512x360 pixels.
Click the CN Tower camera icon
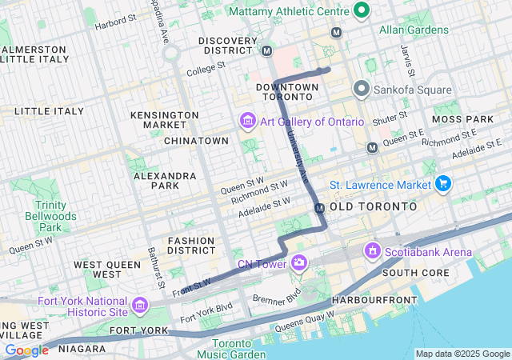299,262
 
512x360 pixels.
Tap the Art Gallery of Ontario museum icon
247,122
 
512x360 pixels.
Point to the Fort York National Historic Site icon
140,305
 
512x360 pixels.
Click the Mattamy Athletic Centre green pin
362,11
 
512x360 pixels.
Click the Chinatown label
196,141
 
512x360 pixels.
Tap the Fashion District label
190,246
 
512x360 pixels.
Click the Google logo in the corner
26,350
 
